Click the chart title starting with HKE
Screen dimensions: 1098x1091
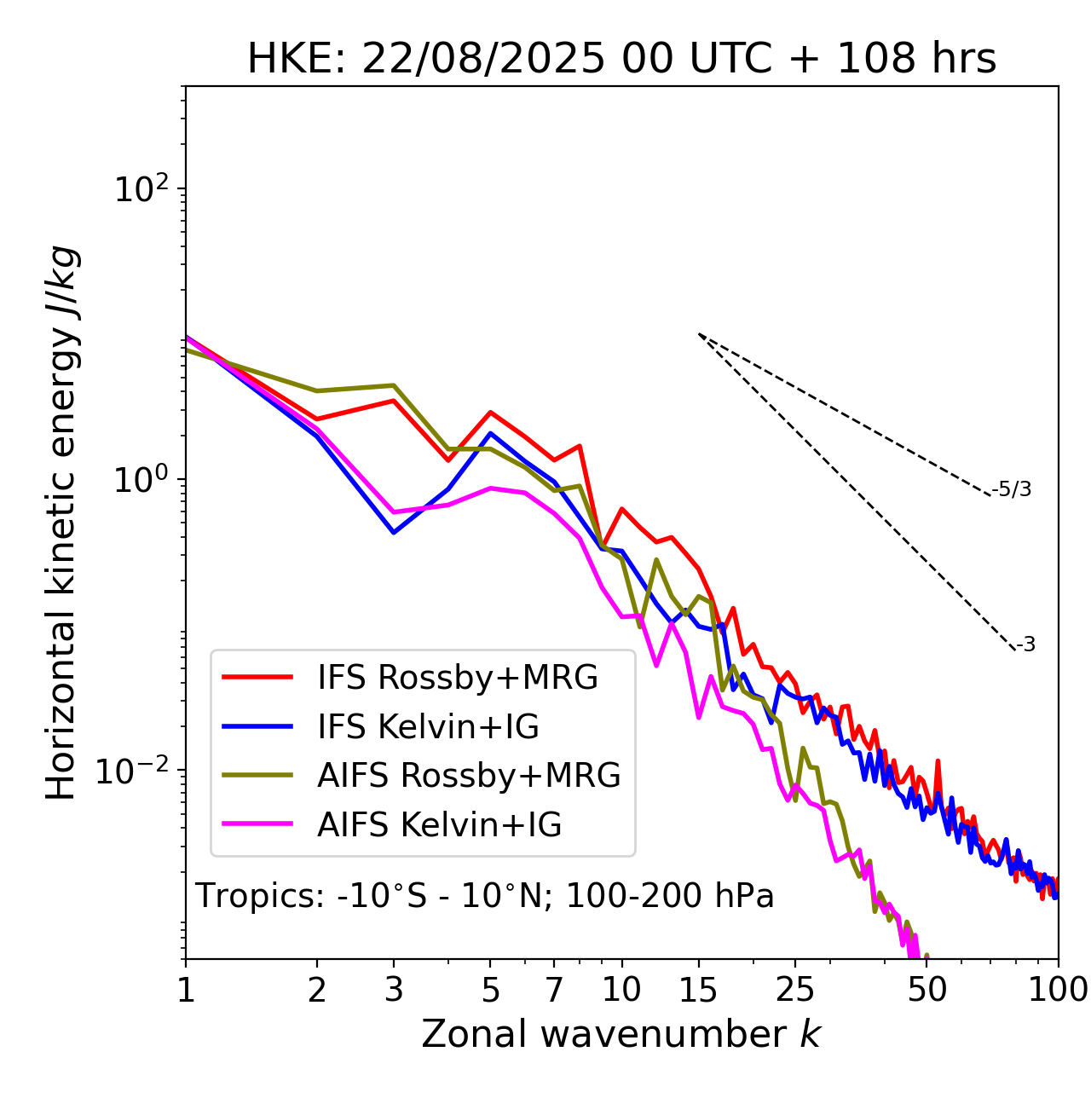click(621, 60)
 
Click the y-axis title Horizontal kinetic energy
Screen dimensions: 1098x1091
click(61, 523)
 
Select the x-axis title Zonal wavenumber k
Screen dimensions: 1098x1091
click(621, 1034)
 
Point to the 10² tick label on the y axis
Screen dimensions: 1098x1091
click(140, 189)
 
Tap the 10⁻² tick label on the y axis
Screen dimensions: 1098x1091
click(136, 771)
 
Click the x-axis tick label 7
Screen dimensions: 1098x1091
click(554, 990)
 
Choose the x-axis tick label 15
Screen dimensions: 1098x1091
click(698, 990)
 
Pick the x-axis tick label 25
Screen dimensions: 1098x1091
click(795, 990)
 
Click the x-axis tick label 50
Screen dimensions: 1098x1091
click(926, 990)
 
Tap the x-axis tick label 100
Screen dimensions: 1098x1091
click(1057, 990)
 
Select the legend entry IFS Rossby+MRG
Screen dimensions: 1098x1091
click(458, 677)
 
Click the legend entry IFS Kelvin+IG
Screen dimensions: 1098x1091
click(428, 726)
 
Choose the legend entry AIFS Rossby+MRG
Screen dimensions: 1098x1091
click(469, 776)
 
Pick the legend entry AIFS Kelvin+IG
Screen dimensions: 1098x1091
click(439, 825)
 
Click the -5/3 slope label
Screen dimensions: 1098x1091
click(1012, 490)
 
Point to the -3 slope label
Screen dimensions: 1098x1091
click(1025, 645)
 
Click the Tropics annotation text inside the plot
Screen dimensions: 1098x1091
click(484, 897)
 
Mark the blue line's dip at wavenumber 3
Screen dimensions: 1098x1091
click(393, 533)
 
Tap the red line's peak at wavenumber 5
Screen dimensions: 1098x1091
click(490, 412)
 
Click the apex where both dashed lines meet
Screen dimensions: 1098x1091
click(699, 334)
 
